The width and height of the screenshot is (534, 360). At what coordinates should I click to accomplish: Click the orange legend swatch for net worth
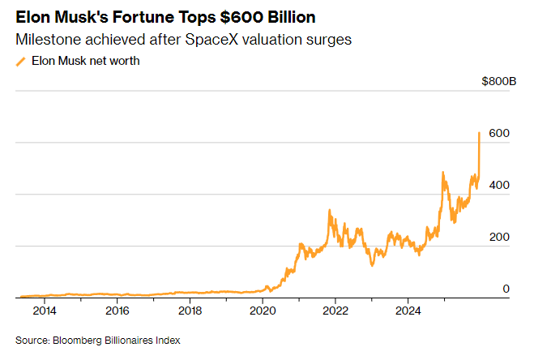coord(20,62)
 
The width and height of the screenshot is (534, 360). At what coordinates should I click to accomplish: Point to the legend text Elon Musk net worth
coord(85,61)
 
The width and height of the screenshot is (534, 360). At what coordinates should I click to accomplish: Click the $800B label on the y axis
coord(498,82)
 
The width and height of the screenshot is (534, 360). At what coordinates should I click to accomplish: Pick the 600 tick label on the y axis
coord(499,133)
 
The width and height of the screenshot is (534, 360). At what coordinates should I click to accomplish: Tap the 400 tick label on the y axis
coord(499,185)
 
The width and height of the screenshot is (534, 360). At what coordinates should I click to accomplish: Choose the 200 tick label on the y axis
coord(499,237)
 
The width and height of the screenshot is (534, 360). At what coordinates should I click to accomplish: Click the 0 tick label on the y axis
coord(506,289)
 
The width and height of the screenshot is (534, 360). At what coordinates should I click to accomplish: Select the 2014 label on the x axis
coord(45,311)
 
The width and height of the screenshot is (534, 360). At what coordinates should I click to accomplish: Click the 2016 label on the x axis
coord(117,311)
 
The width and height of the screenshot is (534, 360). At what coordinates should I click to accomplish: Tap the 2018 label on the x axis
coord(190,311)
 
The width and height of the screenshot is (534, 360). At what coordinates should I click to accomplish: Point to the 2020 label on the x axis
coord(263,311)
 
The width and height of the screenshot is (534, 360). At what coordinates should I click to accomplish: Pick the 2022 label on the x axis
coord(335,311)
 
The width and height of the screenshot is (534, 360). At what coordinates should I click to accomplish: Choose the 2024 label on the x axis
coord(408,311)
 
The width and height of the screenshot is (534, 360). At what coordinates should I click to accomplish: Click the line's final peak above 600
coord(480,132)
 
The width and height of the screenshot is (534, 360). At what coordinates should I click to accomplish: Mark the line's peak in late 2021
coord(329,210)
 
